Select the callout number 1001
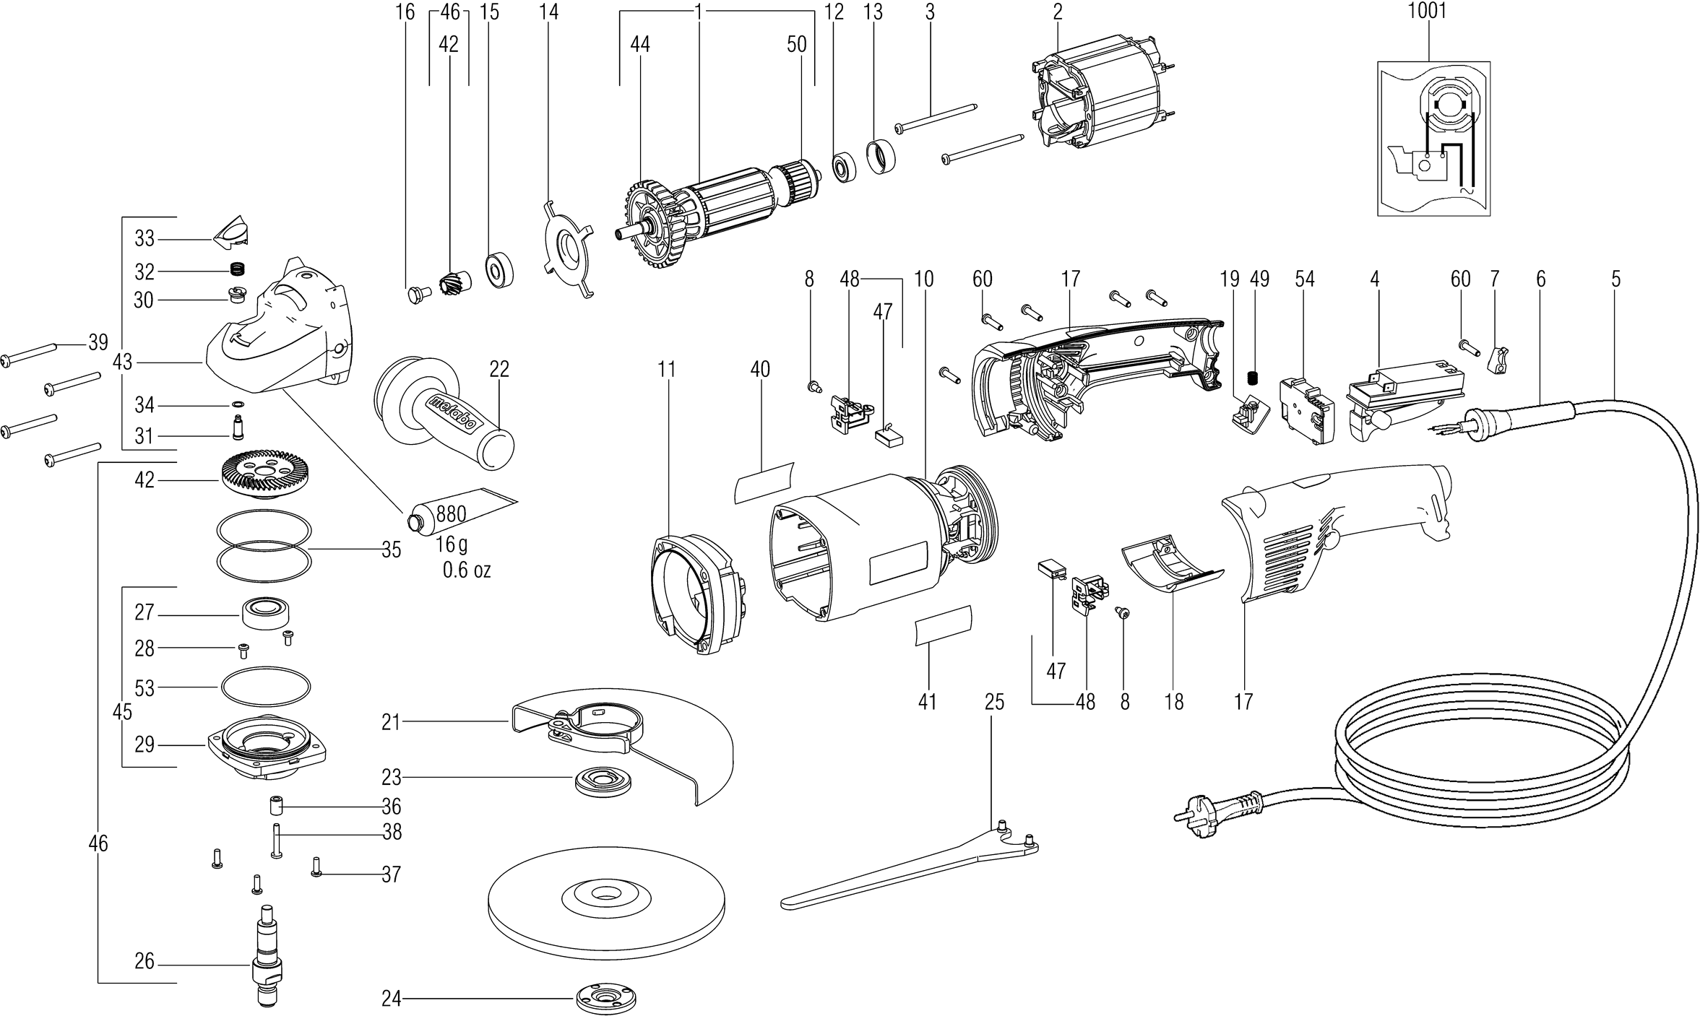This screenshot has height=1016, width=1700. (x=1427, y=12)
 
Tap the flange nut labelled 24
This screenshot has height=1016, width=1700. (x=608, y=998)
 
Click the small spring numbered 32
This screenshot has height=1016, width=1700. (x=236, y=271)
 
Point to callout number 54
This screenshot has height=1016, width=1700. (x=1304, y=279)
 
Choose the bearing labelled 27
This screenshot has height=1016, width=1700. (x=265, y=613)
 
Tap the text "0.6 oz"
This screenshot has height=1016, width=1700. (x=467, y=570)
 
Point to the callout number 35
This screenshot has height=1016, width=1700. (x=391, y=550)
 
